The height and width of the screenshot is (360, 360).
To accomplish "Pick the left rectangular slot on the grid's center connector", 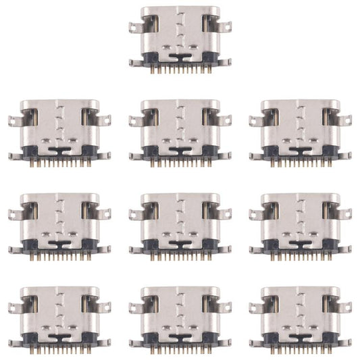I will coord(155,211).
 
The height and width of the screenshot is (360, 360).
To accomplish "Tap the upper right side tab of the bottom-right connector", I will coord(345,307).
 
